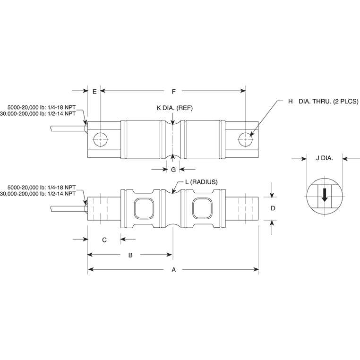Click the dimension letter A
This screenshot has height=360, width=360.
click(173, 270)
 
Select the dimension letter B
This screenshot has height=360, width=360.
click(130, 255)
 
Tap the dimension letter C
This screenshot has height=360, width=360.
click(104, 240)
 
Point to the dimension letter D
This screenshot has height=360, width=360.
click(272, 208)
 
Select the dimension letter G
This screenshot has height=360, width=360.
click(173, 169)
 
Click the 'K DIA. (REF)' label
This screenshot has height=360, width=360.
click(174, 108)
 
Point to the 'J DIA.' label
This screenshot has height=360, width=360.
click(324, 159)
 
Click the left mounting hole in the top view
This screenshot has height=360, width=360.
click(101, 139)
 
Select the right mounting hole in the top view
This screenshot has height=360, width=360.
click(245, 139)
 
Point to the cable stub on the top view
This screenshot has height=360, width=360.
click(66, 128)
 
